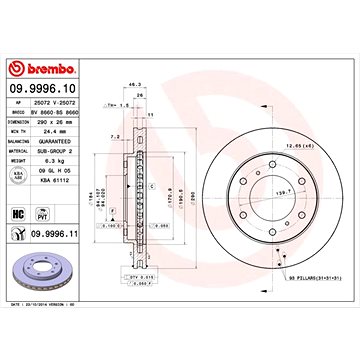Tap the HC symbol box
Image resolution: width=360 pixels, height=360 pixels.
coord(17,212)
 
